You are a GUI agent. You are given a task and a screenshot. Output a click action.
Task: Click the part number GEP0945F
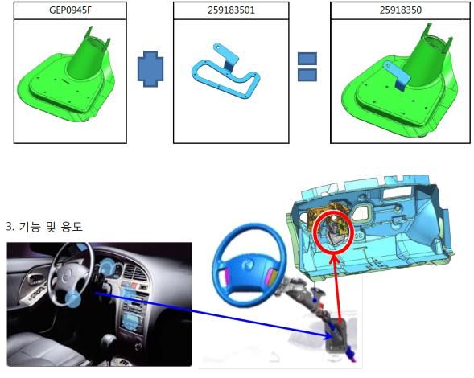pos(70,10)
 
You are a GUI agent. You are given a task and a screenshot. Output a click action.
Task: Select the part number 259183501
pos(231,10)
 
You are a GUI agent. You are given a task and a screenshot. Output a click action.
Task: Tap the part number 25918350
pos(401,10)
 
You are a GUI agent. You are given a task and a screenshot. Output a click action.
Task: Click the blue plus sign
pos(150,69)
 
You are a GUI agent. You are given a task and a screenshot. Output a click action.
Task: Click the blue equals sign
pos(307,67)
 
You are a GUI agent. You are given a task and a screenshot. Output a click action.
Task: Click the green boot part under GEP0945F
pos(67,79)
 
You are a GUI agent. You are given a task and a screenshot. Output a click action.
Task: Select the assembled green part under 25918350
pos(399,81)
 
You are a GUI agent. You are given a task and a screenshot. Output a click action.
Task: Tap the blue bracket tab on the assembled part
pos(398,76)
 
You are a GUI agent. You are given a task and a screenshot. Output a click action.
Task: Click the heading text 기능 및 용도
pos(51,226)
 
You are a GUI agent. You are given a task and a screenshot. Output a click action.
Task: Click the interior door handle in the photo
pos(34,280)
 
